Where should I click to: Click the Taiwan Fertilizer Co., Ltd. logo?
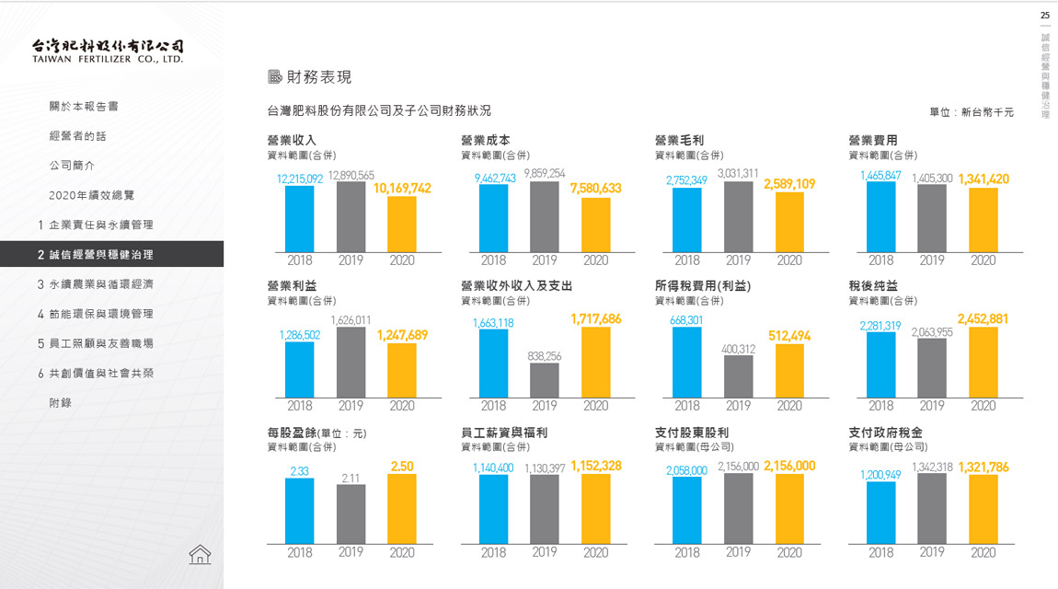coord(108,51)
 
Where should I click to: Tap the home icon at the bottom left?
coord(200,553)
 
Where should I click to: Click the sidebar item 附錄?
coord(61,403)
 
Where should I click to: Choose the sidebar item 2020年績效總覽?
coord(92,195)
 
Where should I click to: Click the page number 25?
coord(1044,16)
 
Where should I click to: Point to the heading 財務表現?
coord(318,77)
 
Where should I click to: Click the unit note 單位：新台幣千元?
coord(972,112)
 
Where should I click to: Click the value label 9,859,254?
coord(545,173)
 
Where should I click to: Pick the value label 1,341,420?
coord(983,179)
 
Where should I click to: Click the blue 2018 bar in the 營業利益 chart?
coord(299,369)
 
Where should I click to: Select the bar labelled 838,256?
coord(544,380)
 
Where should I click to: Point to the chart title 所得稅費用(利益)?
coord(703,286)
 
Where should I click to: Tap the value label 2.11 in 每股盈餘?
coord(351,478)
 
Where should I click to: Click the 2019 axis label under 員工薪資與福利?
coord(545,553)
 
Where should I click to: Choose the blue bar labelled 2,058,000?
coord(686,510)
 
